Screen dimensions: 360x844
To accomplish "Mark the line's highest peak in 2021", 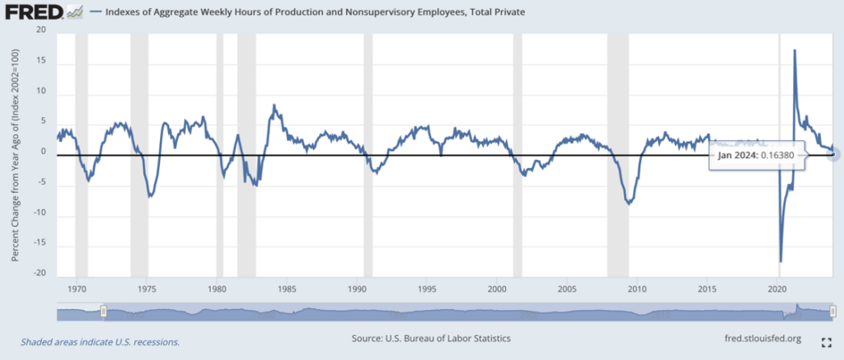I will pos(795,50).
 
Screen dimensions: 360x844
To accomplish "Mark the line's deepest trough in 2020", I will pos(781,261).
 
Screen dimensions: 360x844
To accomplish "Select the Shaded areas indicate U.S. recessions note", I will pos(100,341).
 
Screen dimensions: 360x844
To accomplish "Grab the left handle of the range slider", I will pos(104,311).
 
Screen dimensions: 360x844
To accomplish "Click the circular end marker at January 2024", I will pos(833,153).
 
